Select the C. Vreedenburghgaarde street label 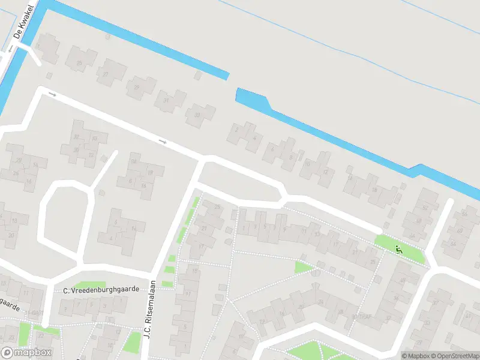click(101, 289)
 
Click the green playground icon click(398, 248)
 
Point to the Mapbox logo click(26, 352)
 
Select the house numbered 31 click(166, 100)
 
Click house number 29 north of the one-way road click(136, 88)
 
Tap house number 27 click(106, 74)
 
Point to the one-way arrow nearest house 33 click(162, 142)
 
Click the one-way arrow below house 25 click(52, 94)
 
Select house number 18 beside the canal click(374, 189)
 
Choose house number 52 click(424, 208)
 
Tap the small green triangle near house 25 click(303, 267)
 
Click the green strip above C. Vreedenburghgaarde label click(85, 284)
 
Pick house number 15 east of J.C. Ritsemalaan click(195, 271)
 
